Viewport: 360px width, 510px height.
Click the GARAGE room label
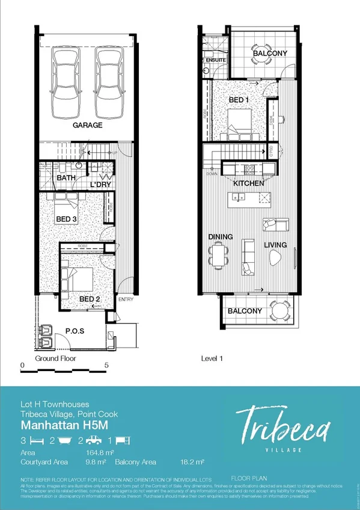coord(88,126)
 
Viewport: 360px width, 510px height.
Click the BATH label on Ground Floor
coord(66,179)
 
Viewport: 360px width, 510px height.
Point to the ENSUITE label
coord(215,61)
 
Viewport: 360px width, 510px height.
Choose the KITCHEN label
coord(249,183)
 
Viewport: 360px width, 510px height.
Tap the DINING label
coord(221,238)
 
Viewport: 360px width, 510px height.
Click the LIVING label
coord(275,245)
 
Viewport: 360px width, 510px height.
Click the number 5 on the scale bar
coord(106,365)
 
